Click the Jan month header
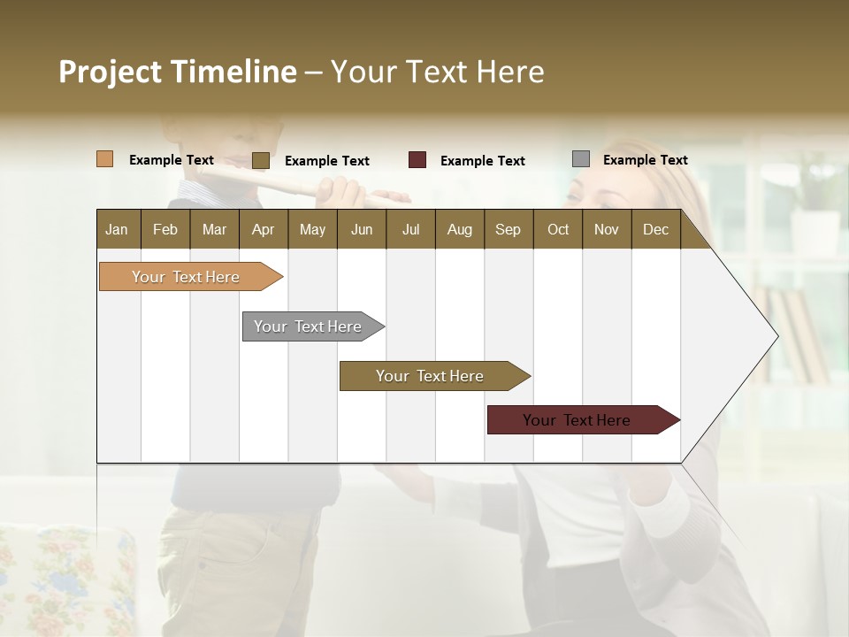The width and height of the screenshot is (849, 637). tap(118, 229)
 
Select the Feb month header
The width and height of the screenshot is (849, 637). tap(165, 229)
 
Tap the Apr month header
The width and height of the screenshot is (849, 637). tap(264, 229)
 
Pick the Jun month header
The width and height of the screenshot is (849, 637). tap(362, 229)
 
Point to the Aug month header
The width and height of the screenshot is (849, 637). tap(460, 229)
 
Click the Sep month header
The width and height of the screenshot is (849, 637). tap(509, 229)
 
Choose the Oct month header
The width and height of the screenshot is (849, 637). tap(558, 229)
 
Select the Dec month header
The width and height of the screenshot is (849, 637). tap(656, 229)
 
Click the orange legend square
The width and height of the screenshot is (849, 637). tap(105, 159)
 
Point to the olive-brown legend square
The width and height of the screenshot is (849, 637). tap(261, 160)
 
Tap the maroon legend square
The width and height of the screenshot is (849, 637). tap(417, 160)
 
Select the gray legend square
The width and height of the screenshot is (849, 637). tap(581, 159)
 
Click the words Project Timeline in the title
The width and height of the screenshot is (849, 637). tap(178, 72)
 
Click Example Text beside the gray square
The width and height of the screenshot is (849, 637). tap(646, 160)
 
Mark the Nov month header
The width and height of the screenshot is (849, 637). tap(607, 229)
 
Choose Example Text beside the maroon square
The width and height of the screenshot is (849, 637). tap(483, 161)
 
